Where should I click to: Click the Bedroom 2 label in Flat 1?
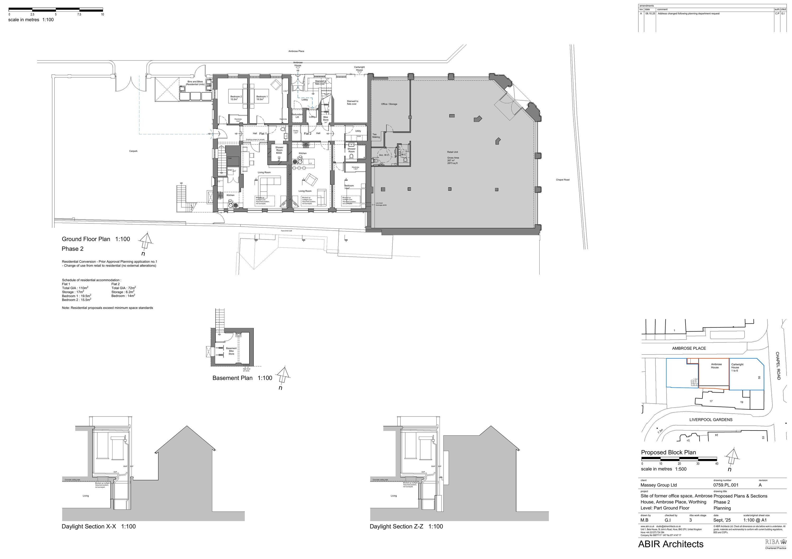(x=236, y=98)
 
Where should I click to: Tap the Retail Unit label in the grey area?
(x=452, y=152)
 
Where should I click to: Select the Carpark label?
(x=133, y=151)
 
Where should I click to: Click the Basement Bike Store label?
(x=231, y=351)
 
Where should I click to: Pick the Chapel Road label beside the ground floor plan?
(x=563, y=180)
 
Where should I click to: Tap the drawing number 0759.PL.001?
(x=726, y=485)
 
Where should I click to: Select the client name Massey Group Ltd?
(x=658, y=485)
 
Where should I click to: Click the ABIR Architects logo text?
(x=671, y=544)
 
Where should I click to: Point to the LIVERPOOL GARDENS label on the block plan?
(x=711, y=420)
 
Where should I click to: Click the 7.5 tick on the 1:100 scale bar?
(x=79, y=15)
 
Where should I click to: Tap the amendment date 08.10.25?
(x=650, y=13)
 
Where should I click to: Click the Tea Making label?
(x=376, y=136)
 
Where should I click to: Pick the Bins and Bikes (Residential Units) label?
(x=195, y=83)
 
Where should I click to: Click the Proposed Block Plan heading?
(x=668, y=452)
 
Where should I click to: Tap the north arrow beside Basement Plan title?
(x=283, y=376)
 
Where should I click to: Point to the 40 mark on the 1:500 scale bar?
(x=716, y=464)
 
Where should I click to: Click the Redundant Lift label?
(x=297, y=116)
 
